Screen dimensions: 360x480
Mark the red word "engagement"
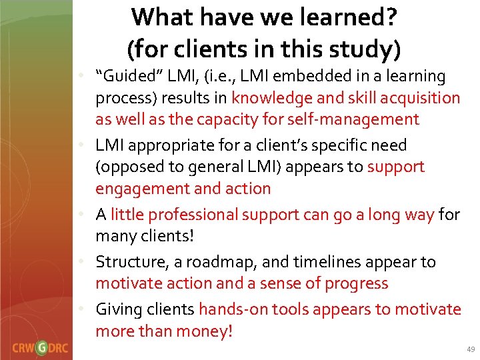(x=141, y=188)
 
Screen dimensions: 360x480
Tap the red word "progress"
(x=356, y=283)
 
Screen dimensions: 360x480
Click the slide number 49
(x=471, y=349)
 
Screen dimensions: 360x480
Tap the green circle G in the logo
(x=42, y=347)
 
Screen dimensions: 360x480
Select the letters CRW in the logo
(x=23, y=347)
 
